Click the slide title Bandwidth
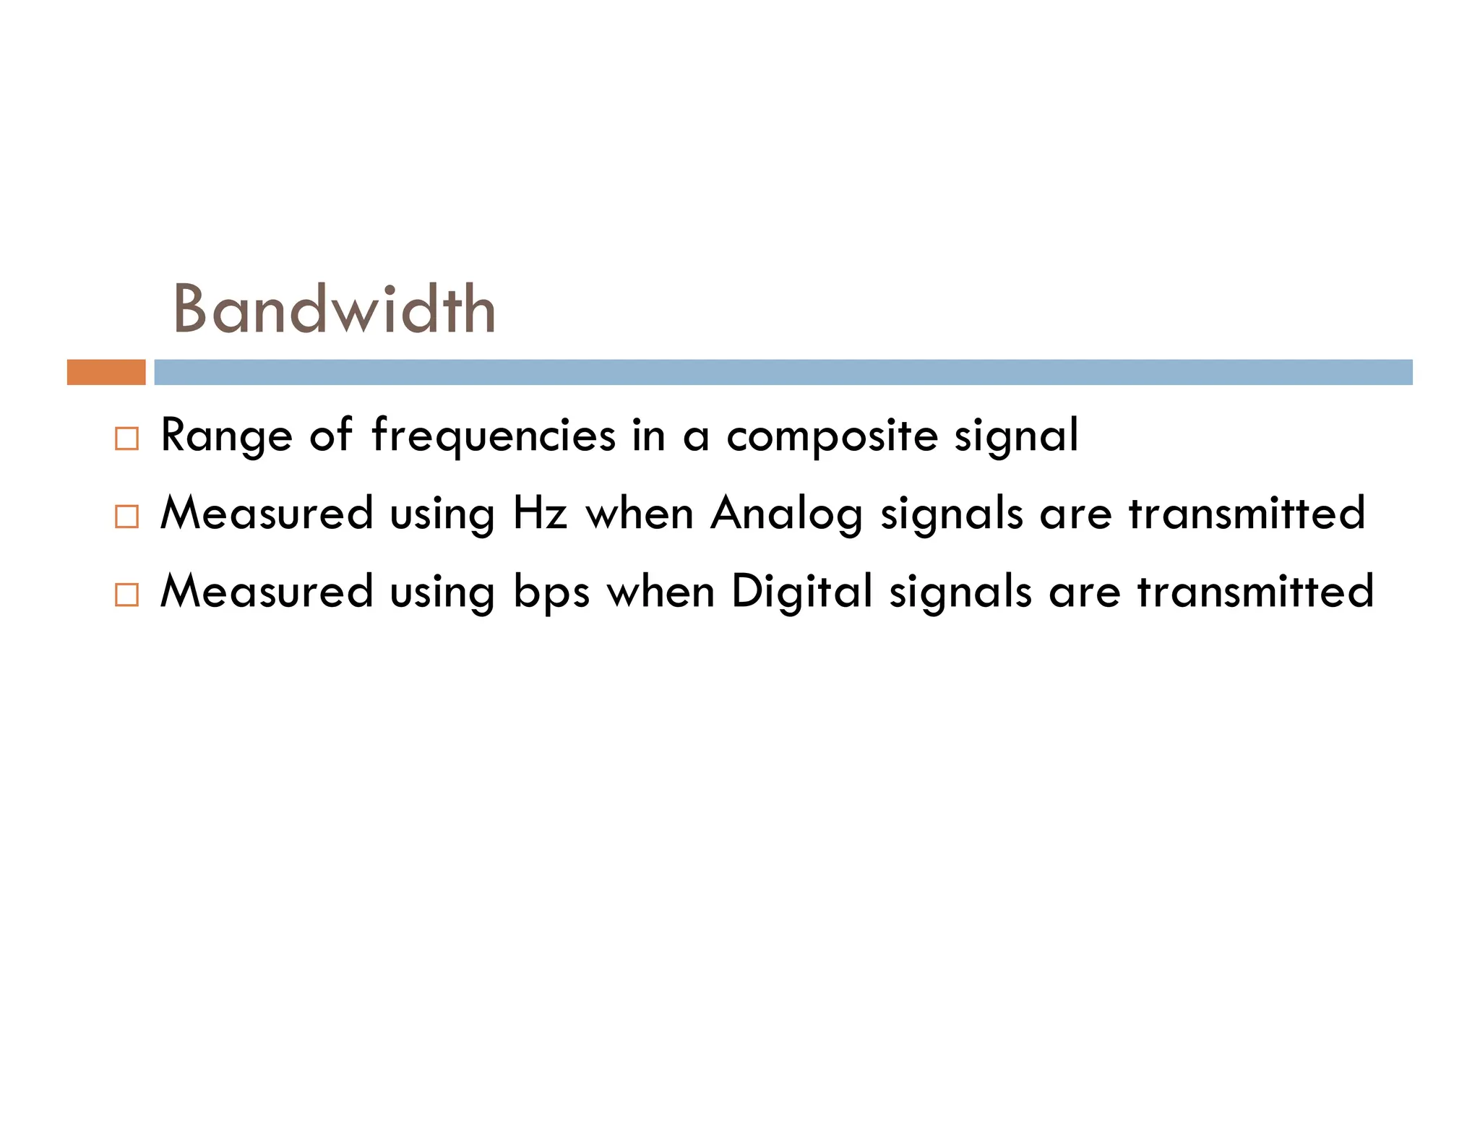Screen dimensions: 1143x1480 (x=334, y=309)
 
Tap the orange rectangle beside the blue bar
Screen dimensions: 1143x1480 (x=106, y=372)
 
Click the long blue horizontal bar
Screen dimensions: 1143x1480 (x=783, y=372)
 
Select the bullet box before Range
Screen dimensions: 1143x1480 (x=126, y=439)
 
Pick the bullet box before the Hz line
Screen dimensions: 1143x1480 (x=126, y=517)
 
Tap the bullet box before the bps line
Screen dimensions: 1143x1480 (x=126, y=595)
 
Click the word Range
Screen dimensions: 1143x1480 (x=226, y=436)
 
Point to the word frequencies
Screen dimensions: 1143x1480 (x=494, y=436)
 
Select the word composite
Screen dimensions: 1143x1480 (x=832, y=436)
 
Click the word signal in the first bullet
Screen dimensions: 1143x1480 (x=1016, y=436)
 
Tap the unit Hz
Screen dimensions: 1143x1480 (x=539, y=513)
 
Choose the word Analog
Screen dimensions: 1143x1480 (x=786, y=514)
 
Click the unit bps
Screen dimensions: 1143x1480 (x=551, y=592)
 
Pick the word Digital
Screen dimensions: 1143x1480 (x=801, y=592)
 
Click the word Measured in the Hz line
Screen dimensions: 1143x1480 (x=267, y=513)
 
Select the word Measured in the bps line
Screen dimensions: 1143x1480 (x=267, y=591)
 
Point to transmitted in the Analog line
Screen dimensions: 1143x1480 (x=1247, y=513)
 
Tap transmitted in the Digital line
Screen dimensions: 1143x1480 (x=1255, y=591)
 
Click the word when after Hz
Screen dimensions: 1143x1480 (x=640, y=513)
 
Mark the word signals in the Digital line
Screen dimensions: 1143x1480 (x=960, y=592)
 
